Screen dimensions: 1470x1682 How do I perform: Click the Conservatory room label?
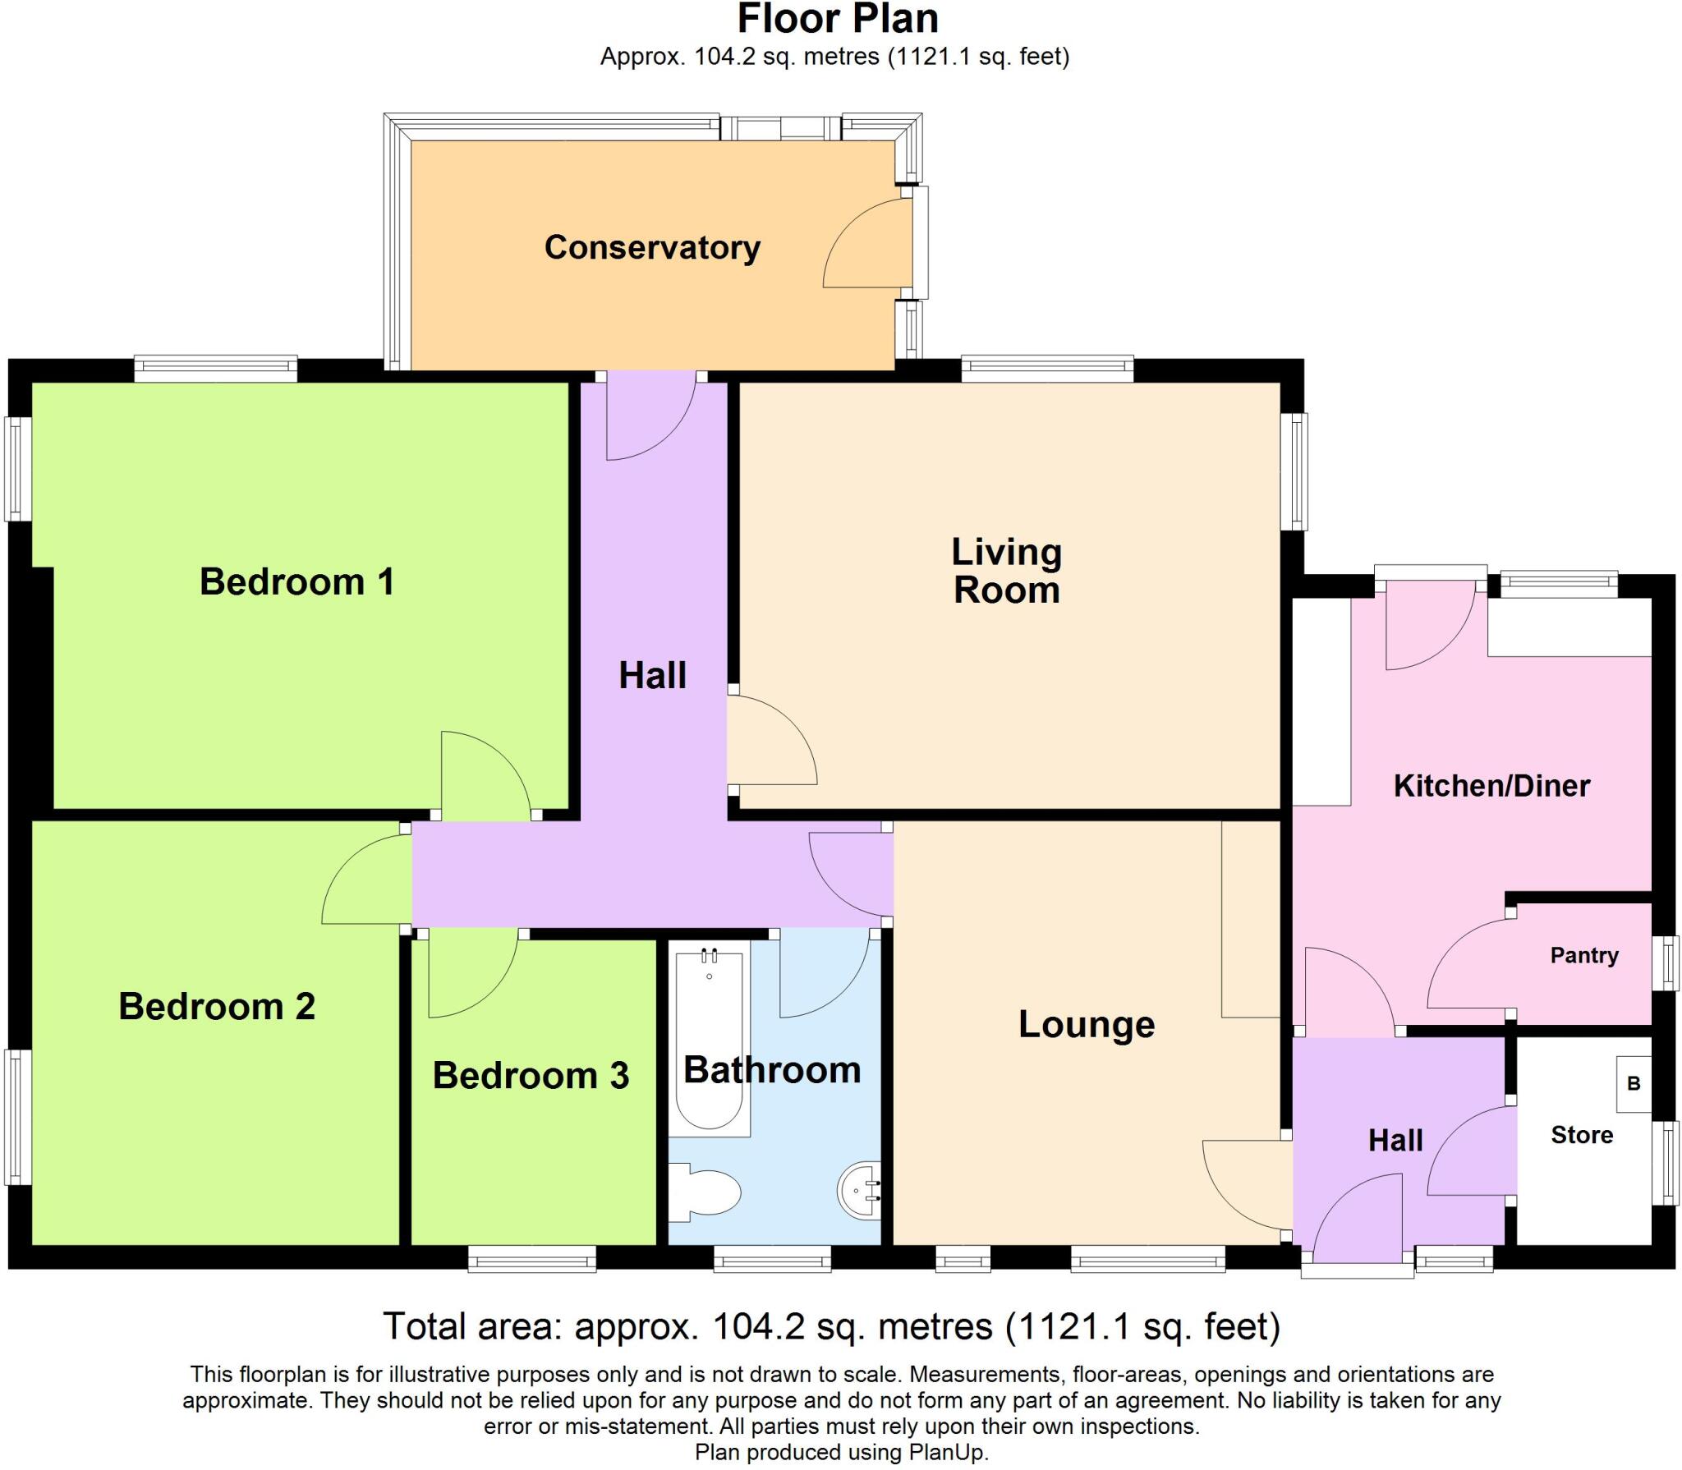click(x=652, y=247)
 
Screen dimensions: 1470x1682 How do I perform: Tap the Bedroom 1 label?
click(x=296, y=581)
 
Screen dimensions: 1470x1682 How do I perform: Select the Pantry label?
click(x=1583, y=955)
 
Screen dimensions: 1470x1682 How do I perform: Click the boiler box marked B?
click(x=1634, y=1084)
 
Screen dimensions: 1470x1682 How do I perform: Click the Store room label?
click(x=1581, y=1135)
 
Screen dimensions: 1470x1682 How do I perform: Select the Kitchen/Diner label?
click(x=1491, y=786)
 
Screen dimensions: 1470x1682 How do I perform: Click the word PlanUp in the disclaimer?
click(x=948, y=1452)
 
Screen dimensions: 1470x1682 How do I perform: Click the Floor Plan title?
click(x=837, y=20)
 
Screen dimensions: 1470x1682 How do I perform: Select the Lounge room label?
click(x=1086, y=1024)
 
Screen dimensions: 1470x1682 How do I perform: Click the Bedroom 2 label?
click(x=217, y=1006)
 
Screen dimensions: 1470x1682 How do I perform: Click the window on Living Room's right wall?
click(x=1296, y=471)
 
